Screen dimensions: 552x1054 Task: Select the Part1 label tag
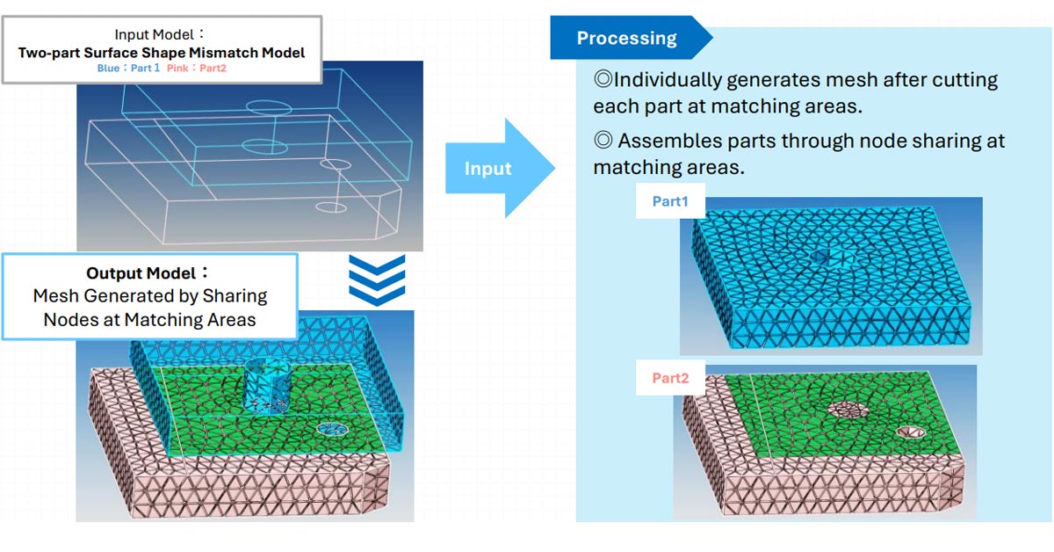click(670, 202)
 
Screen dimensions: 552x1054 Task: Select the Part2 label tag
click(670, 379)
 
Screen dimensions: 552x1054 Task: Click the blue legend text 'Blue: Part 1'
click(127, 68)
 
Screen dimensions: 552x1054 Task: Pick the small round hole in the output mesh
click(333, 429)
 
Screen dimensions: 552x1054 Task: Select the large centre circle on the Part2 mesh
click(848, 409)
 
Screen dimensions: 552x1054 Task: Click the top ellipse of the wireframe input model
click(268, 107)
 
